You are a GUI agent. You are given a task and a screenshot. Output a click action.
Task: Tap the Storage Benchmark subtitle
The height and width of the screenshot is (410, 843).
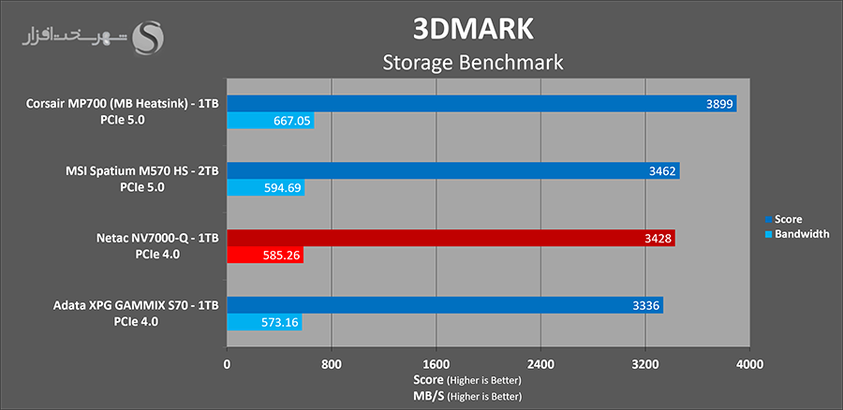coord(473,63)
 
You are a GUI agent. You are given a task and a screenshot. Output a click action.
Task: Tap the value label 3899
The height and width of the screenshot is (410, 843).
coord(719,104)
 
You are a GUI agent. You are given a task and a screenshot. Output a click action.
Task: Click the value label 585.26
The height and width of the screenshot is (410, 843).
coord(280,256)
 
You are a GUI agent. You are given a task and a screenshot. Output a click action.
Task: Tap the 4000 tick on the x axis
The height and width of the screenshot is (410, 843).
coord(749,363)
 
